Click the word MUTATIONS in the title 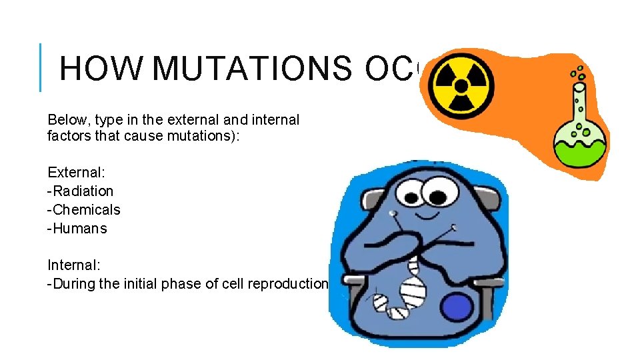[x=255, y=69]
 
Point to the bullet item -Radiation [x=81, y=191]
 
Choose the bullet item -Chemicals [x=84, y=209]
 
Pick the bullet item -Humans [x=77, y=228]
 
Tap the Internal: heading [x=73, y=265]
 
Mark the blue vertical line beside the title [x=41, y=67]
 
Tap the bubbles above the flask [x=578, y=72]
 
